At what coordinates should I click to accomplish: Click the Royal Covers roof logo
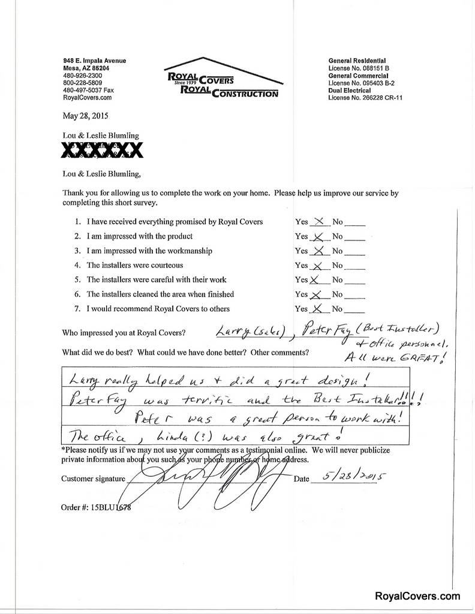pos(223,78)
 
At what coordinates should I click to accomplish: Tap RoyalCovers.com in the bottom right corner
pos(417,596)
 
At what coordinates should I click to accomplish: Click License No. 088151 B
pos(359,68)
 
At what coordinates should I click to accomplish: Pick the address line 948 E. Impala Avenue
pos(95,61)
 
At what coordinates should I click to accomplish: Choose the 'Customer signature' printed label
pos(93,478)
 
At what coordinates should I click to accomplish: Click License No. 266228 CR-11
pos(365,97)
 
